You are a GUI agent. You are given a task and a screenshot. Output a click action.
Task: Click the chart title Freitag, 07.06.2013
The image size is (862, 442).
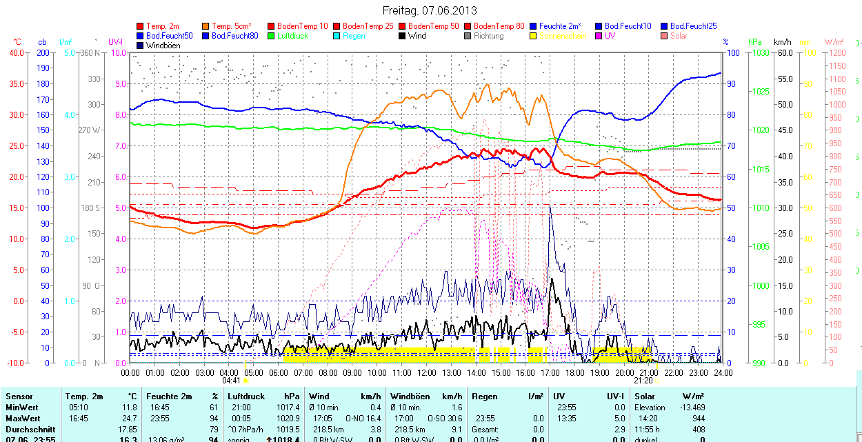tap(430, 10)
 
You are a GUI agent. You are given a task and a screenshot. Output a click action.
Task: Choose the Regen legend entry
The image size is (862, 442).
tap(354, 36)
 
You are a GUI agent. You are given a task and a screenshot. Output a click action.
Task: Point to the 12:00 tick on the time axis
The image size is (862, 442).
tap(427, 372)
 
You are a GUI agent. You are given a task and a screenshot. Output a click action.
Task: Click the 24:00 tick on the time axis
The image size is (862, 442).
tap(723, 372)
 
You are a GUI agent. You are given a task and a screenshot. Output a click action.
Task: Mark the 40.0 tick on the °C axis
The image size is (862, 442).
tap(15, 52)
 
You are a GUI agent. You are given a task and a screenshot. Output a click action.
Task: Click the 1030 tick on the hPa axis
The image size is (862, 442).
tap(759, 52)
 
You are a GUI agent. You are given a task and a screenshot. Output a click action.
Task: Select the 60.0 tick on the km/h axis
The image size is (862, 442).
tap(783, 52)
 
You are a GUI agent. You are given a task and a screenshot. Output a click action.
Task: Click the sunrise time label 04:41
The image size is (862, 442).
tap(231, 381)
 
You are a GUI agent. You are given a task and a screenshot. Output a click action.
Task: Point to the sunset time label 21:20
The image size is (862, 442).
tap(643, 381)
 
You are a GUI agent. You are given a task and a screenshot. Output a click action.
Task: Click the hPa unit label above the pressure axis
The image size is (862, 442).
tap(755, 42)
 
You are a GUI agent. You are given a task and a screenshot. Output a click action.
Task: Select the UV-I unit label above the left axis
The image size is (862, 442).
tap(116, 42)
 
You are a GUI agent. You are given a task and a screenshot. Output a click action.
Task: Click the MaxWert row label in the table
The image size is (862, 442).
tap(23, 419)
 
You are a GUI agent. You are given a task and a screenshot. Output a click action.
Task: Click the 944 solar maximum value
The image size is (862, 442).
tap(699, 419)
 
